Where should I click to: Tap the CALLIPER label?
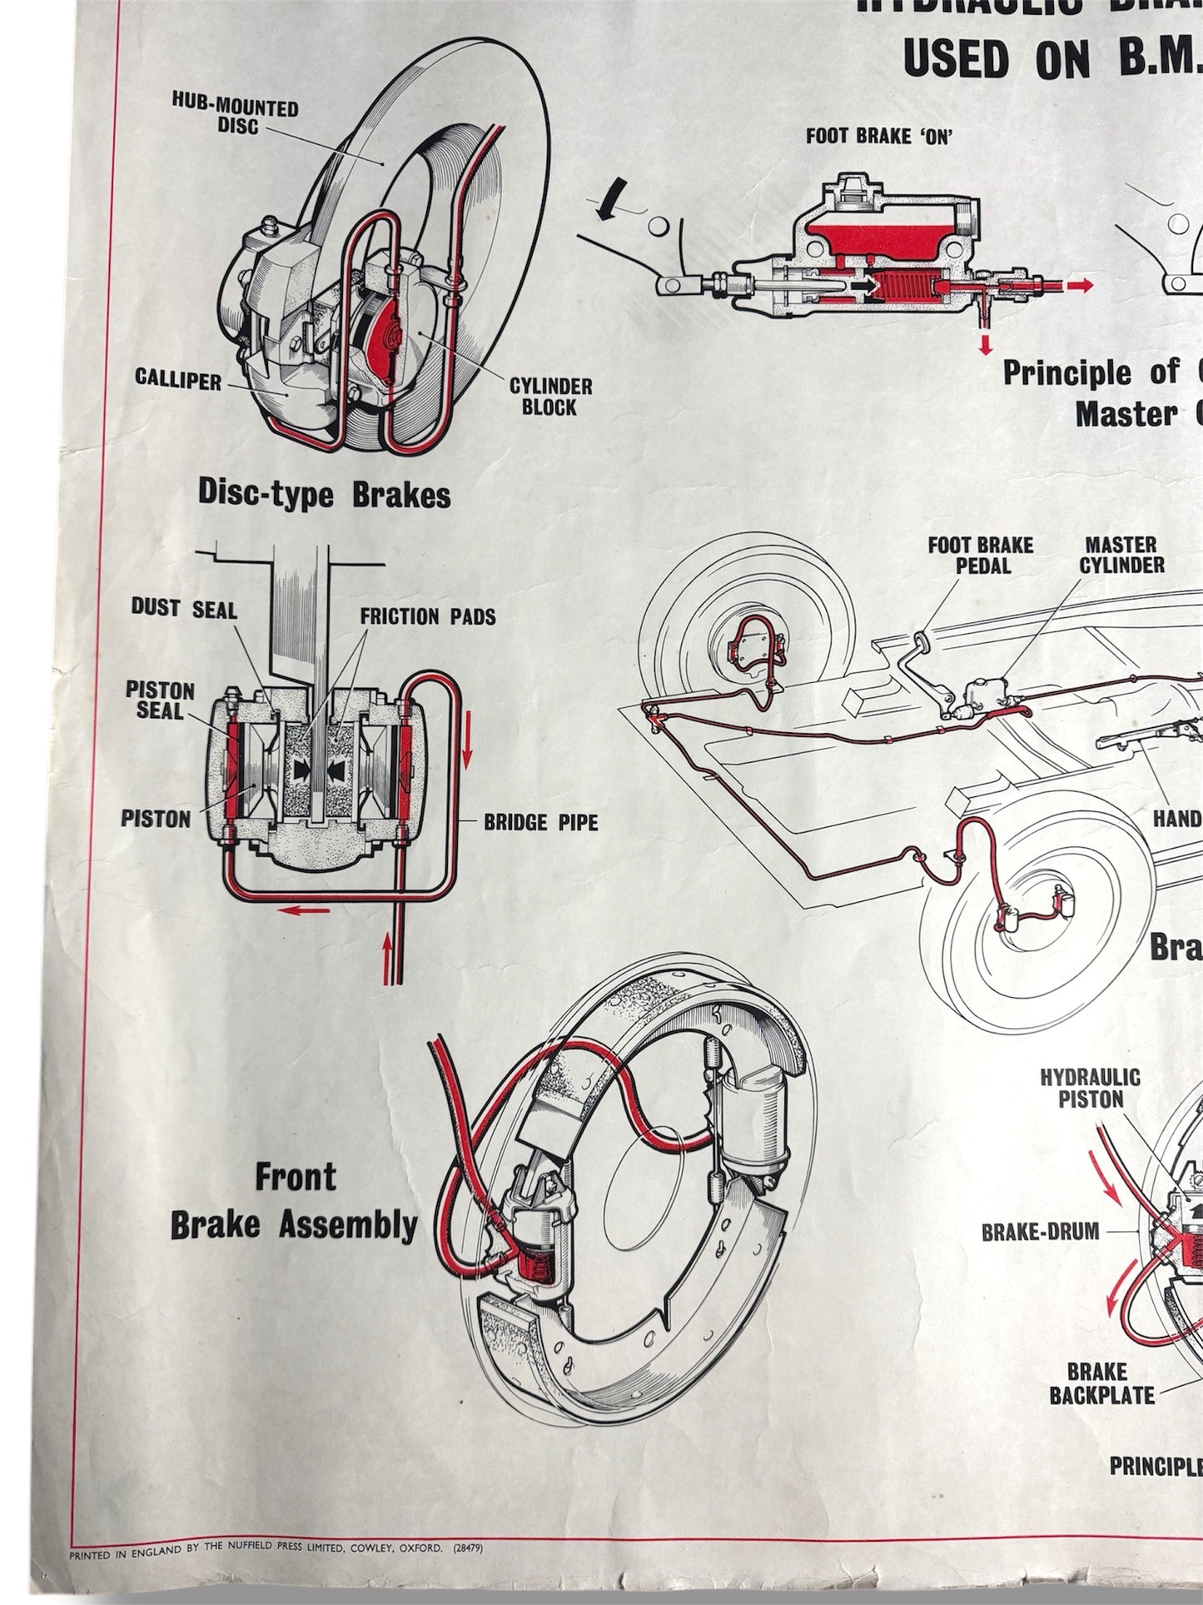pyautogui.click(x=178, y=381)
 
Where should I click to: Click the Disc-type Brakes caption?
pyautogui.click(x=324, y=495)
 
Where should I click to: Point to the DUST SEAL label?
pyautogui.click(x=184, y=609)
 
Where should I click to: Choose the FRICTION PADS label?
pyautogui.click(x=427, y=616)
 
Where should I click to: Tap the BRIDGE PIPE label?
pyautogui.click(x=540, y=823)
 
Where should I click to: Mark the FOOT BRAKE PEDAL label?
pyautogui.click(x=981, y=556)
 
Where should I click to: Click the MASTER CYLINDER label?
pyautogui.click(x=1121, y=556)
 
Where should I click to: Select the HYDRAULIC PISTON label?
pyautogui.click(x=1090, y=1089)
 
